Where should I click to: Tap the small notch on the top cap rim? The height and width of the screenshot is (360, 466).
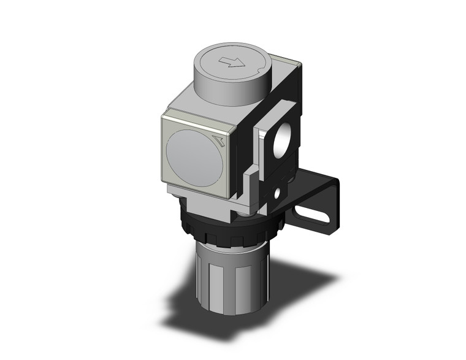tap(262, 60)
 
